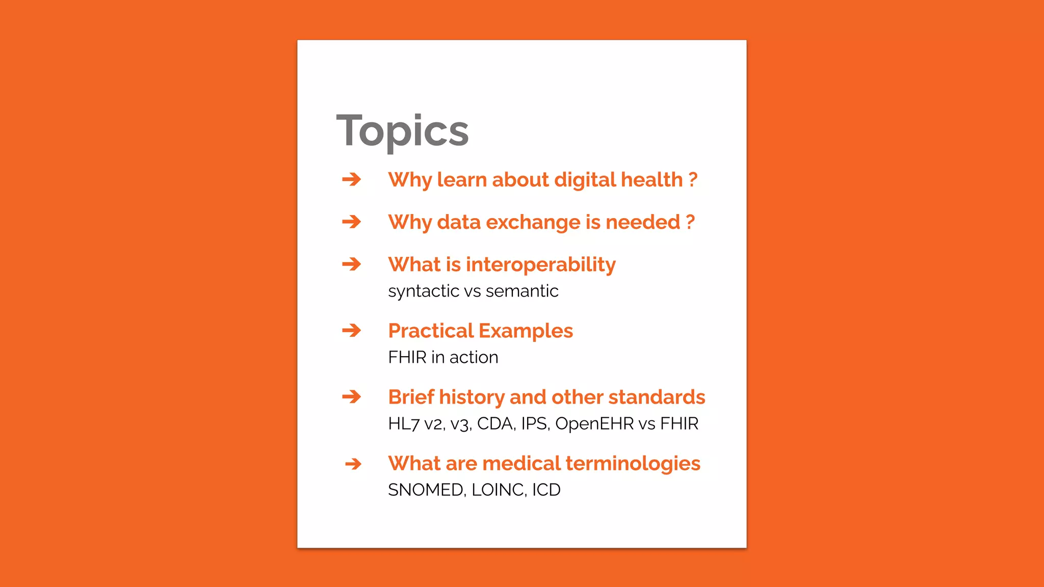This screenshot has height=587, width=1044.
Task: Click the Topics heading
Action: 402,131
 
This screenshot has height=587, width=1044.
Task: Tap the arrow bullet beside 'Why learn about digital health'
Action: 351,179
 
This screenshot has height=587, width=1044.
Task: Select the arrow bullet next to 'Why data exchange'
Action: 351,222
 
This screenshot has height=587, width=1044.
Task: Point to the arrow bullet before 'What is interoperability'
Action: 351,264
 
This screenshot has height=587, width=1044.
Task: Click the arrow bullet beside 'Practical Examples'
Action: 351,331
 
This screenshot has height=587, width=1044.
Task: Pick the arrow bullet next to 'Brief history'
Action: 351,397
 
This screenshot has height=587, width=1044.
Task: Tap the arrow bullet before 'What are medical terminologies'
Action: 353,464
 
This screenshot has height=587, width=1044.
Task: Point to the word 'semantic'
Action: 522,291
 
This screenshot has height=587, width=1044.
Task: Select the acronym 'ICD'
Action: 546,490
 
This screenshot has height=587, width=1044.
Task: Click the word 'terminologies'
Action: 633,464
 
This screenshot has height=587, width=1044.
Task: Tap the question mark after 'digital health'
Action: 692,179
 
